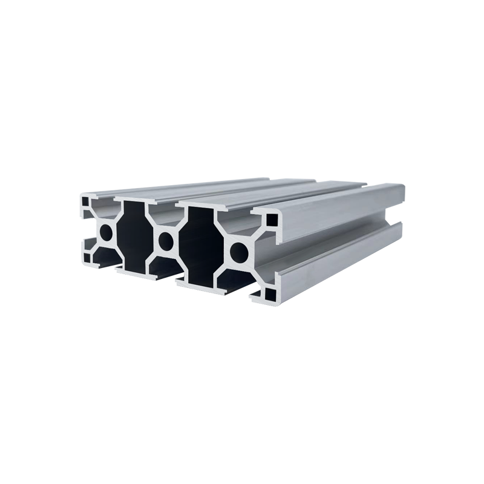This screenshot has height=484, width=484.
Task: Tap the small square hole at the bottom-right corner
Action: (x=270, y=295)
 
